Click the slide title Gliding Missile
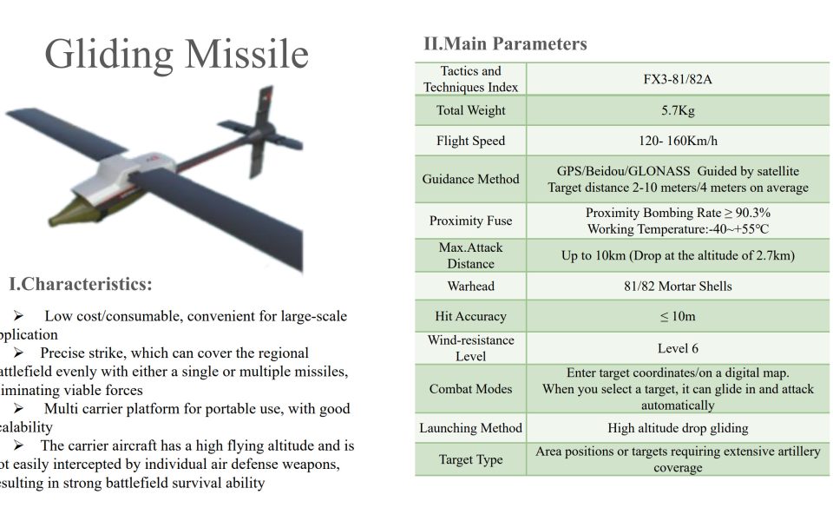coord(176,54)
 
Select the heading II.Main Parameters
coord(505,43)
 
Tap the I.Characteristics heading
coord(81,284)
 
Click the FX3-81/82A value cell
coord(678,79)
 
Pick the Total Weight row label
coord(471,110)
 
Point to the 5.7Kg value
coord(678,110)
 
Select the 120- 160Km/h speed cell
coord(678,141)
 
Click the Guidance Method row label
coord(471,179)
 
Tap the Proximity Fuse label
coord(471,221)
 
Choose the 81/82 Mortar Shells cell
coord(678,286)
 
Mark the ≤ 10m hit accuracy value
coord(678,317)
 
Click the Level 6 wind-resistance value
coord(678,348)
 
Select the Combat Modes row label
coord(471,389)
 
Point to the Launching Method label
coord(471,428)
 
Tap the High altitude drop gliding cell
coord(678,428)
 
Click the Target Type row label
coord(471,459)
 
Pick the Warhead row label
coord(471,286)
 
